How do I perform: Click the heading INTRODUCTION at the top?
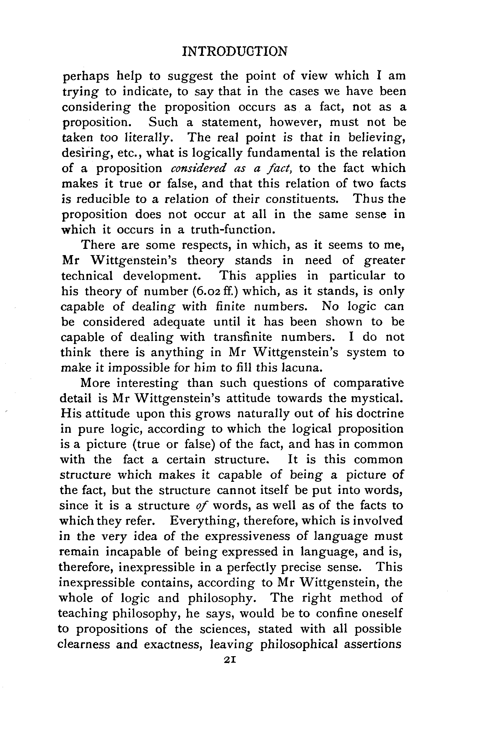[x=234, y=51]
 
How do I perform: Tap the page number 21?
[x=229, y=660]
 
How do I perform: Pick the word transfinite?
[x=243, y=337]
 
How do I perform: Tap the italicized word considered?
[x=198, y=168]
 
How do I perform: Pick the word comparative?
[x=368, y=383]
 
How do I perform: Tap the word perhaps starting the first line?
[x=86, y=77]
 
